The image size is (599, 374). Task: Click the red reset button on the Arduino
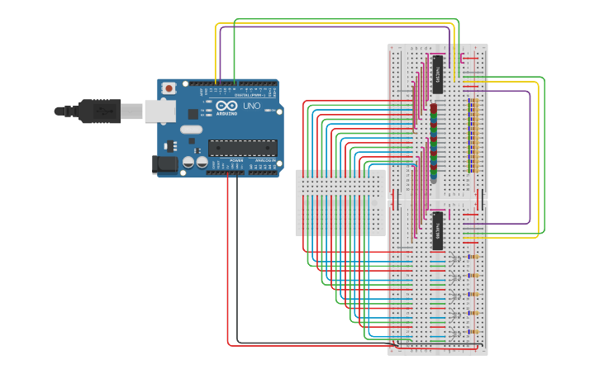169,88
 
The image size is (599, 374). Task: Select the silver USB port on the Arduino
160,111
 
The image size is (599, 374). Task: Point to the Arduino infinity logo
226,107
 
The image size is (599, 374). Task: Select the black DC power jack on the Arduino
165,164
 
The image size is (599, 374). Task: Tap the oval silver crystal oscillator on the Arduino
191,129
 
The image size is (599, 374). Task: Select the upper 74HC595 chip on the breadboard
438,73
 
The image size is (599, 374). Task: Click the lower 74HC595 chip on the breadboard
438,230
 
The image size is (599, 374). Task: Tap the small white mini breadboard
340,202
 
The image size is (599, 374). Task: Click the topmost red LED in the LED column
433,108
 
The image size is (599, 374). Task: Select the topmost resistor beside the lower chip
473,257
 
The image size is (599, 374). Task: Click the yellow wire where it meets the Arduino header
216,83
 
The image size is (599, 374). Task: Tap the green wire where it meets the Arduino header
235,83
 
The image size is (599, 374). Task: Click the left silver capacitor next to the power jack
189,163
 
